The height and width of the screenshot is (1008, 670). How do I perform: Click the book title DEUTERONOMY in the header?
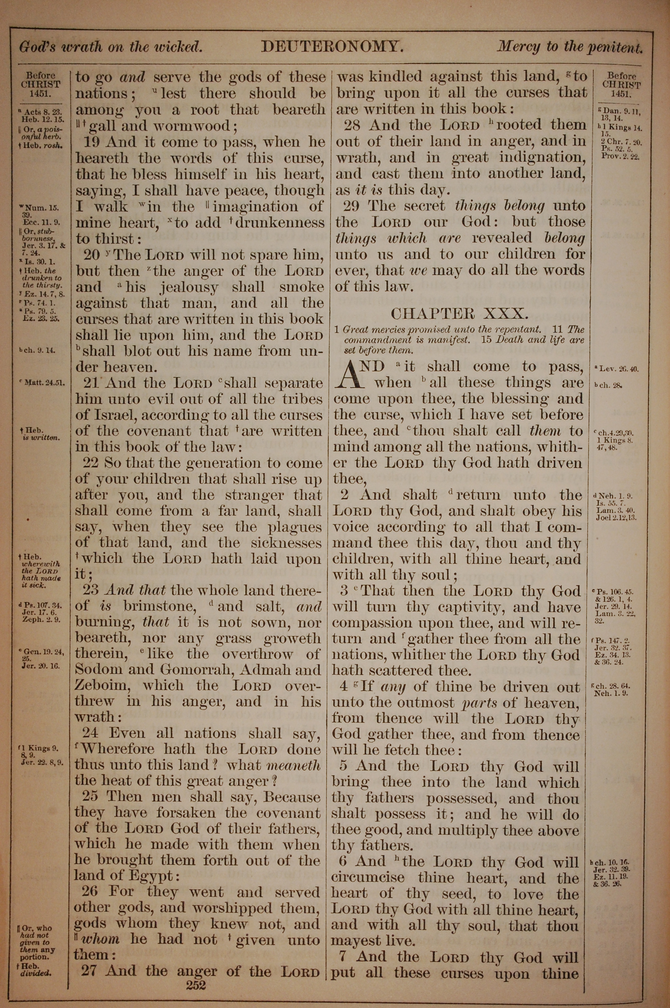[x=332, y=46]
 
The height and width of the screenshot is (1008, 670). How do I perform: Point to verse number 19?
[x=92, y=142]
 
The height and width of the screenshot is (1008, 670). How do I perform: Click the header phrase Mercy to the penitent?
[x=569, y=47]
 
